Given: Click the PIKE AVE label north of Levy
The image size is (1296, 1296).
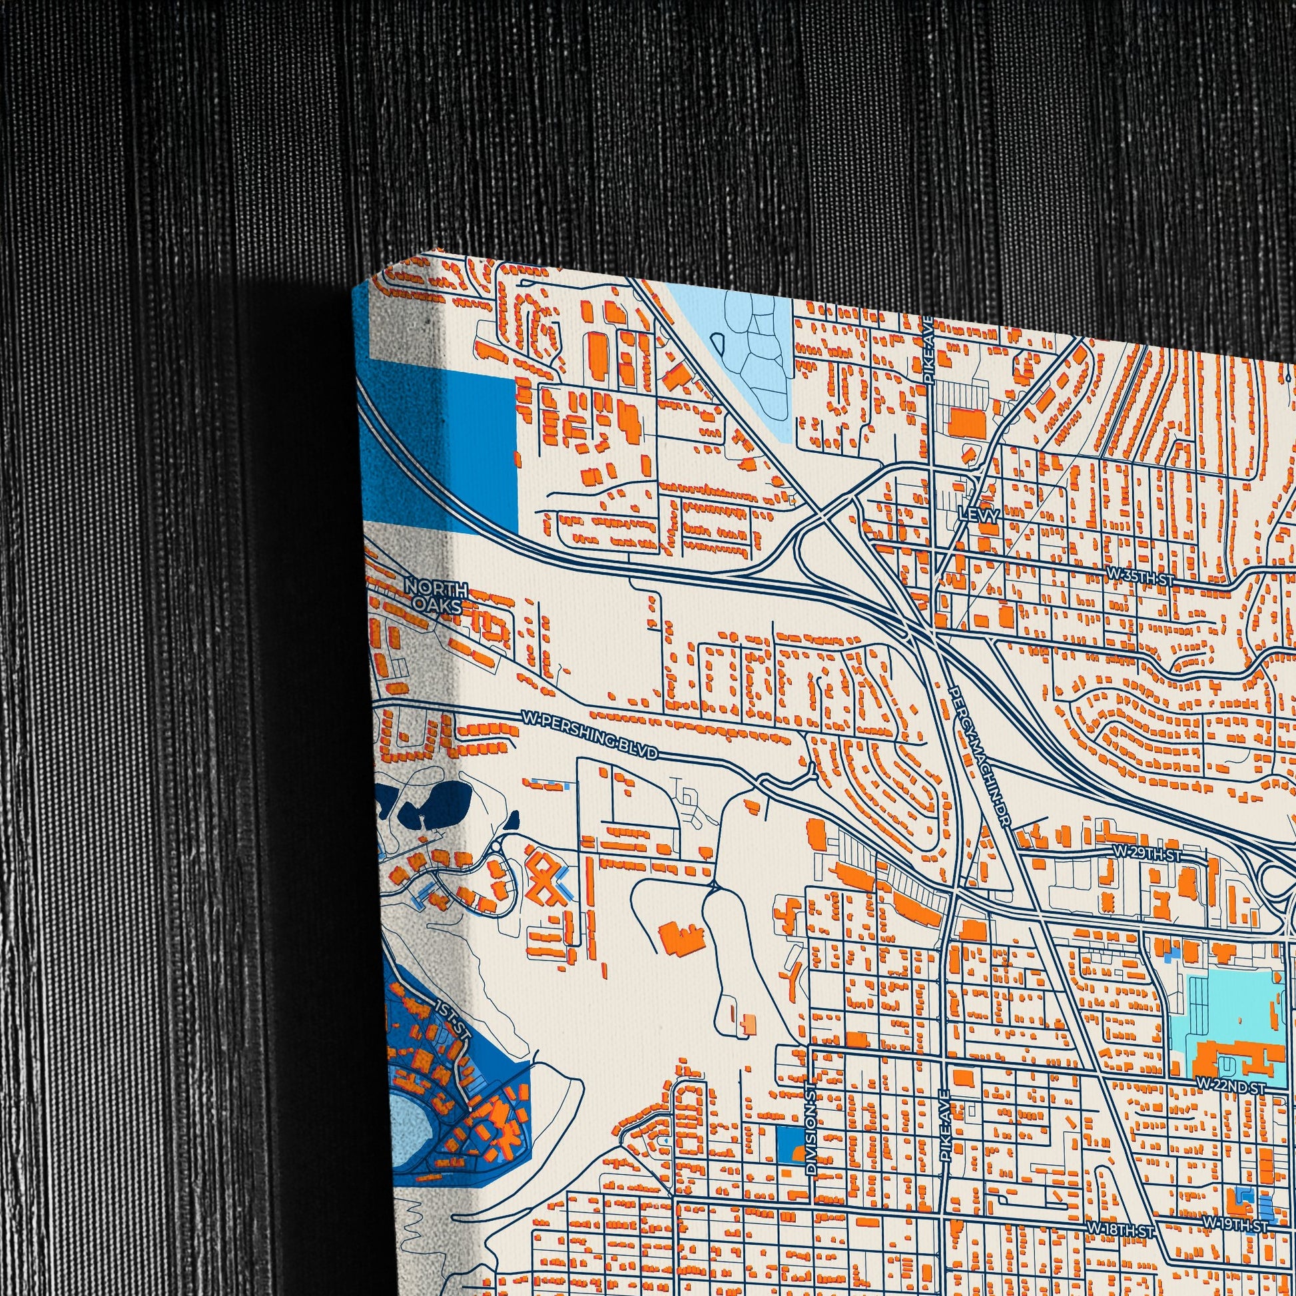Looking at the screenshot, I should click(929, 359).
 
